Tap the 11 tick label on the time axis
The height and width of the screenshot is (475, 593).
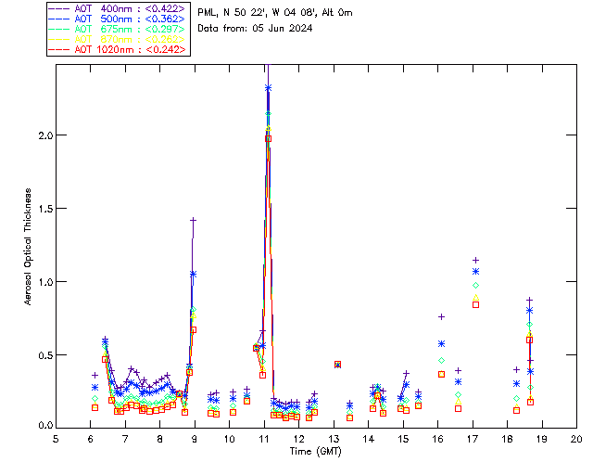point(264,438)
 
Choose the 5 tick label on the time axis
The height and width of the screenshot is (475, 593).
point(57,438)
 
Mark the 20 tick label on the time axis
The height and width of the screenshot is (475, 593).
point(576,438)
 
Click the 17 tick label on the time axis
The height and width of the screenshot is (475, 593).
point(473,438)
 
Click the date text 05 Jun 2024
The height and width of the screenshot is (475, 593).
point(278,29)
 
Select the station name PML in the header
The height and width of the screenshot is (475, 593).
point(208,12)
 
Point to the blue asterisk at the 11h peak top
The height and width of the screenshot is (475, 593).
point(268,88)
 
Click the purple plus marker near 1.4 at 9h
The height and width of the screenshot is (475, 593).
point(193,220)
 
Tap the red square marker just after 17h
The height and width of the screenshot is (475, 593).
point(475,304)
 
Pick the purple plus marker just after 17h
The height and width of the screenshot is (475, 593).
point(475,261)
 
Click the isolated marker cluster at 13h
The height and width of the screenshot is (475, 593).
point(337,365)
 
